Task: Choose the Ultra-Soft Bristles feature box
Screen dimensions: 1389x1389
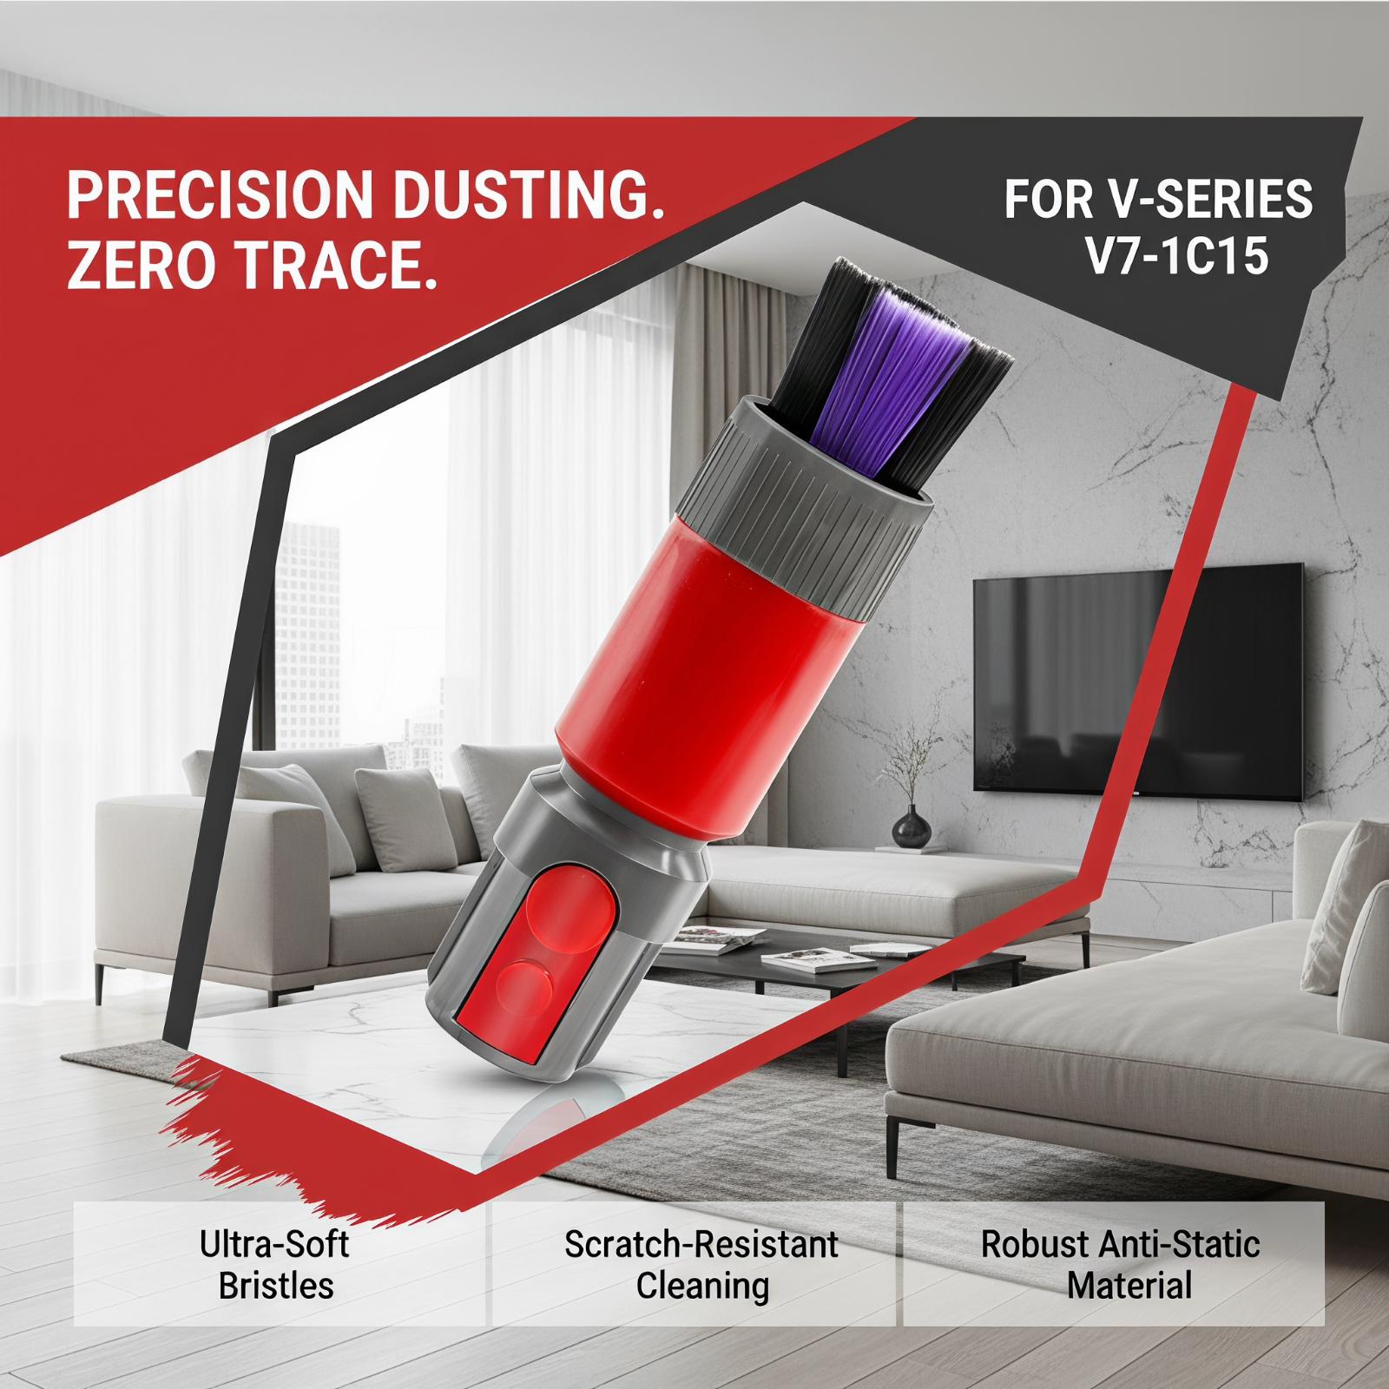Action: point(278,1263)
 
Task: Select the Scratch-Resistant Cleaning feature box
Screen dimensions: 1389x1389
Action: point(694,1263)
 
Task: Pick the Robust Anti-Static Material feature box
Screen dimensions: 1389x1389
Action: point(1114,1263)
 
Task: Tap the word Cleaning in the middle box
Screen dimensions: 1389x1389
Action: point(702,1286)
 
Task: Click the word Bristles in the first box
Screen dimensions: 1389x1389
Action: point(276,1285)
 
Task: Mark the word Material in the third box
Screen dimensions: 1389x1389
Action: point(1129,1285)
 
